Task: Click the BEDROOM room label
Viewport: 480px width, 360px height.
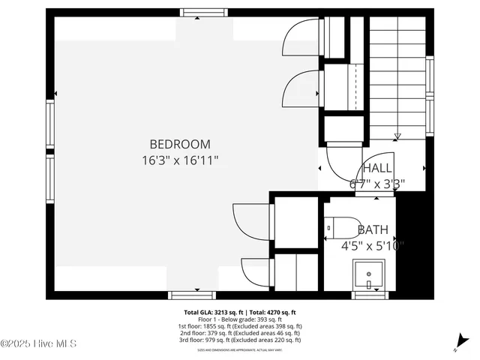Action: [x=180, y=144]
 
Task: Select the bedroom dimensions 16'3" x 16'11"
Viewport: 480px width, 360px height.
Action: [x=180, y=160]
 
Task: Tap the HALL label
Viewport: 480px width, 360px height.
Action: [x=376, y=168]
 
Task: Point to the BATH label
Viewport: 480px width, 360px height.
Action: [x=373, y=230]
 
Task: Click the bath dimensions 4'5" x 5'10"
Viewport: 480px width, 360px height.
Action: [x=373, y=245]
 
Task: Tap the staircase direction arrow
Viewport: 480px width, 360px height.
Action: [x=397, y=136]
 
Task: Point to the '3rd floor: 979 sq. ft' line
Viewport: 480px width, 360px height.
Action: [x=240, y=340]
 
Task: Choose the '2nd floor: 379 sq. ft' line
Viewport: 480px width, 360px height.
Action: [x=240, y=333]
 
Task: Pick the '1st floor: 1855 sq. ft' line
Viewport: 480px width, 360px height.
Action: [x=240, y=326]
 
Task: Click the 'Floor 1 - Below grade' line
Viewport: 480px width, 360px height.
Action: [x=240, y=319]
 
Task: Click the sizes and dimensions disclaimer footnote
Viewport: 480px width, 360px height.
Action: [x=240, y=349]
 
